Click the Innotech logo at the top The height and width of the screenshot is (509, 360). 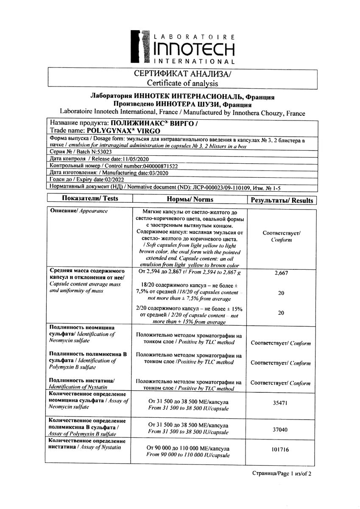182,47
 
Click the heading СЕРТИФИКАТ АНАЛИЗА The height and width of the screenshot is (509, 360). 182,74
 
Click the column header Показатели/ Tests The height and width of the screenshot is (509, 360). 90,199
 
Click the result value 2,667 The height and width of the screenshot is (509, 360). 281,274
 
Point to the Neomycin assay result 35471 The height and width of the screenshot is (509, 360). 281,404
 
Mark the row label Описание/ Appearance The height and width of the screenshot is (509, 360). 79,211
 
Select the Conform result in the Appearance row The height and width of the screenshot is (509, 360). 281,237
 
